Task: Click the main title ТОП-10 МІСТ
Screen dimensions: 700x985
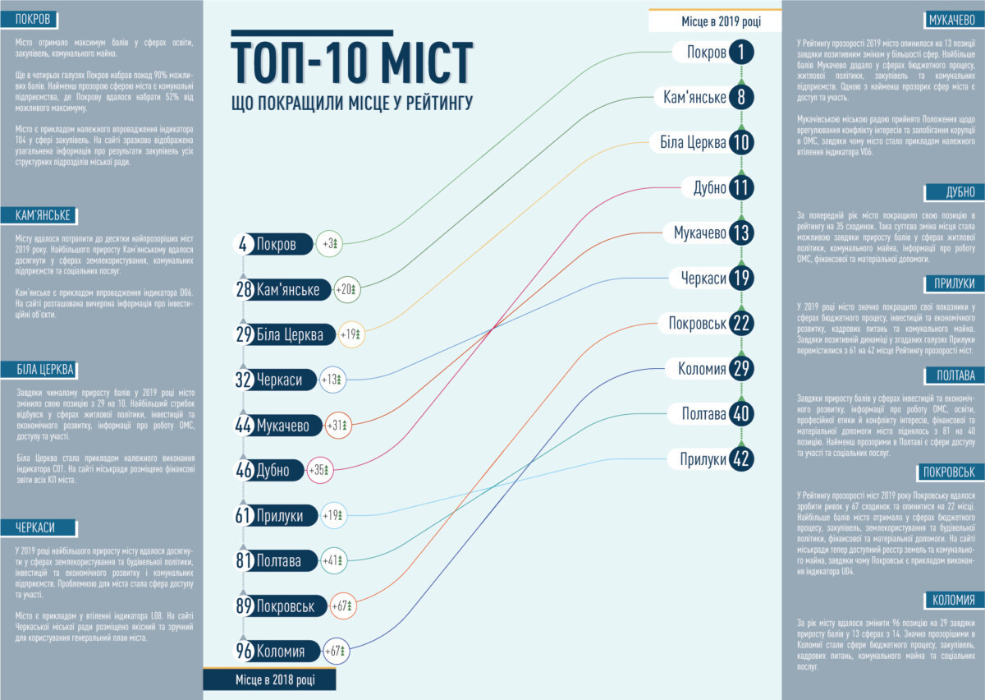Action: point(352,62)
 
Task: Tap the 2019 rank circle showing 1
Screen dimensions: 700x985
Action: point(740,53)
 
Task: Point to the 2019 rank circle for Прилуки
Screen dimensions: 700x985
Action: point(740,459)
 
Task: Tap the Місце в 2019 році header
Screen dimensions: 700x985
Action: point(714,21)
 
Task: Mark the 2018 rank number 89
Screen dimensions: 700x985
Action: point(244,606)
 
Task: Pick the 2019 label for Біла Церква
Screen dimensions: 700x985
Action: point(694,143)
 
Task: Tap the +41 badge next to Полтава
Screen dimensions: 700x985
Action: point(335,561)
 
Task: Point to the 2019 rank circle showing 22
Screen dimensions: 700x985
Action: point(740,324)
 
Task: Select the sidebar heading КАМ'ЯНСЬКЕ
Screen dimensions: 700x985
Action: point(44,215)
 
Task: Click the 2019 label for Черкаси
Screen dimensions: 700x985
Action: point(704,279)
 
